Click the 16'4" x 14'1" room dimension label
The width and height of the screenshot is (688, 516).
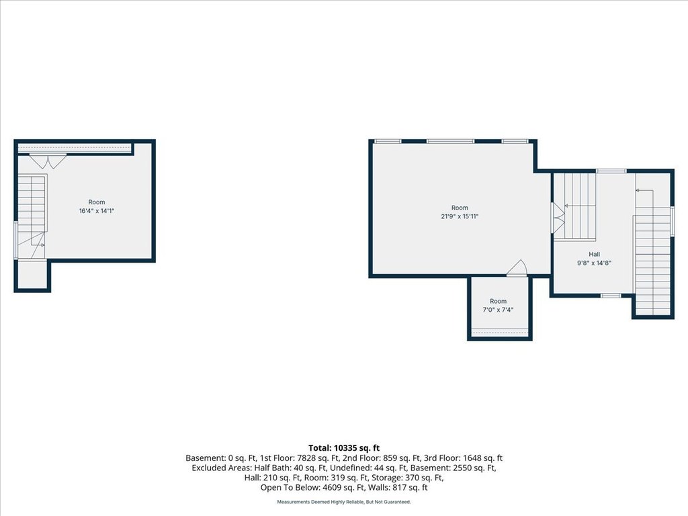click(97, 211)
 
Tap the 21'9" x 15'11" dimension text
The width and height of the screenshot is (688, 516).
click(460, 216)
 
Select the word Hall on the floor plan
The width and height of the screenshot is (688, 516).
click(594, 254)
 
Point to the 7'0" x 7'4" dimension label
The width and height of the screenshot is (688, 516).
click(498, 310)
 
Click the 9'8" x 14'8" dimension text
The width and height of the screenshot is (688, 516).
click(594, 263)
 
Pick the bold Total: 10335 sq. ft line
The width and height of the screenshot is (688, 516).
click(344, 448)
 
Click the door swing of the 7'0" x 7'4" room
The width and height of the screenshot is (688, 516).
click(517, 268)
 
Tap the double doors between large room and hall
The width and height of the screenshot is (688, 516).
click(557, 217)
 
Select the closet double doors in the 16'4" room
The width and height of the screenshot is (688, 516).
click(48, 161)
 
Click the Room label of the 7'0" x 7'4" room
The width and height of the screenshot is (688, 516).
click(498, 301)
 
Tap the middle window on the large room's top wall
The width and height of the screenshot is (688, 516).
click(451, 141)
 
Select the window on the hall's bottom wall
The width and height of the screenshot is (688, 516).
click(611, 296)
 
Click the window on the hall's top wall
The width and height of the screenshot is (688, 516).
click(611, 171)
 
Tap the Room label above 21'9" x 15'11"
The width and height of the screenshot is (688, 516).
click(460, 208)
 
